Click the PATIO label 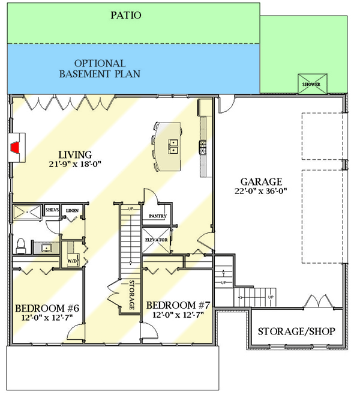coord(126,15)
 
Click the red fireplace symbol coord(17,146)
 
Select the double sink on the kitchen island coord(173,144)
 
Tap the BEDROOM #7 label coord(179,305)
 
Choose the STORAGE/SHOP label coord(296,332)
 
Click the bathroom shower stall coord(28,213)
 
